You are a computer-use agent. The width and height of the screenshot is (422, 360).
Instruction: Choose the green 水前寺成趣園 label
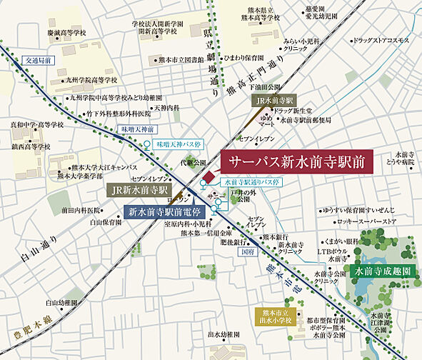click(382, 272)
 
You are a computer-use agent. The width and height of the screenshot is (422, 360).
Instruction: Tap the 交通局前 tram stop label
click(38, 61)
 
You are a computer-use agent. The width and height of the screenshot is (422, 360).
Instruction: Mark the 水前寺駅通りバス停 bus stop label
click(253, 182)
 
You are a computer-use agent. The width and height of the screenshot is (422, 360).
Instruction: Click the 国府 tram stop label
click(247, 251)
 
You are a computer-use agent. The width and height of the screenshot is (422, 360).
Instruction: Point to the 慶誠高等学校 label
click(58, 33)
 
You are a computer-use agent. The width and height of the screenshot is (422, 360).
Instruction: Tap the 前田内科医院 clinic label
click(82, 211)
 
